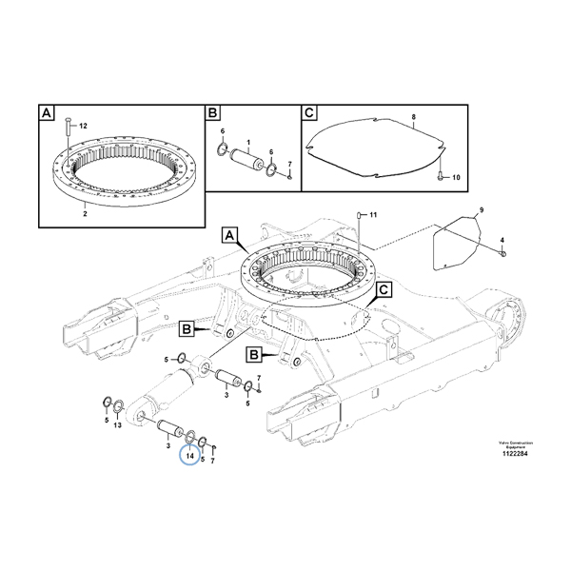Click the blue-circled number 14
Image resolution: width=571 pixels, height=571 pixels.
tap(190, 456)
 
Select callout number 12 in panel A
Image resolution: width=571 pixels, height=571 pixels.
tap(83, 127)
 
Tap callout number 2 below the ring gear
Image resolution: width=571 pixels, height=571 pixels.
tap(85, 214)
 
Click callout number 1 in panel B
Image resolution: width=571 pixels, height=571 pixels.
tap(247, 143)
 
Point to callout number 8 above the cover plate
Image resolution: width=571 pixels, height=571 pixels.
tap(414, 117)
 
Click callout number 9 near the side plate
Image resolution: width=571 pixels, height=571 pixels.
tap(481, 208)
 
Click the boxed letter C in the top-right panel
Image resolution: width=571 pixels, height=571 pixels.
tap(308, 114)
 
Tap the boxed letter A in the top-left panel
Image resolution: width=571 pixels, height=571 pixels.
tap(46, 114)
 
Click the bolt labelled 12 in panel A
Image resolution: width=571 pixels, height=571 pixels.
tap(67, 128)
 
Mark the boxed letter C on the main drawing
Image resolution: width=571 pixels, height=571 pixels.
tap(384, 288)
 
